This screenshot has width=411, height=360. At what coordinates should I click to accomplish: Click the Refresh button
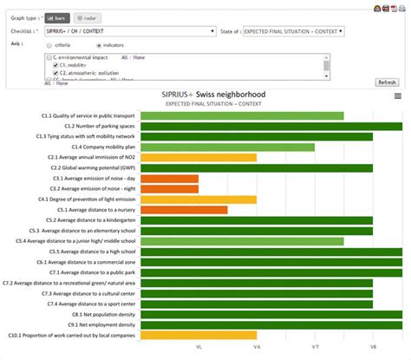pyautogui.click(x=386, y=82)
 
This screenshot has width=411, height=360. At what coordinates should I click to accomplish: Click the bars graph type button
pyautogui.click(x=55, y=16)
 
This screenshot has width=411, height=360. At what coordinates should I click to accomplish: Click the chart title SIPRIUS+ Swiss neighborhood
pyautogui.click(x=213, y=94)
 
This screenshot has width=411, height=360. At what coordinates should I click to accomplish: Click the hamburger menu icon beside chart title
pyautogui.click(x=397, y=96)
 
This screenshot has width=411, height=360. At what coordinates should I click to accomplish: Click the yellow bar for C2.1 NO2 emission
pyautogui.click(x=199, y=157)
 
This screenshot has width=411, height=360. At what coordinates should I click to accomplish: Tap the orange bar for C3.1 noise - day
pyautogui.click(x=169, y=178)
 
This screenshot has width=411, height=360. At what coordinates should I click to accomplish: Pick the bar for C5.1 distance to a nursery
pyautogui.click(x=184, y=209)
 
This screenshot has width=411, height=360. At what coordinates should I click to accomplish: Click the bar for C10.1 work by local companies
pyautogui.click(x=199, y=334)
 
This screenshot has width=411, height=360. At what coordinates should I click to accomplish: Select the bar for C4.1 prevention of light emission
pyautogui.click(x=199, y=199)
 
